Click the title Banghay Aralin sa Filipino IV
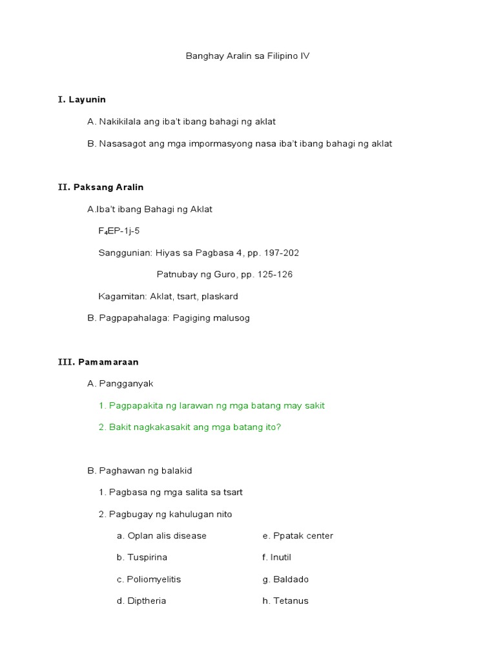pos(247,56)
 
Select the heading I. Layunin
pos(81,100)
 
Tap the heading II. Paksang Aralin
pos(101,187)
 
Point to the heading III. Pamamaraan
pos(98,362)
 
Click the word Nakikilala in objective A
pos(120,122)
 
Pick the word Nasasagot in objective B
pos(121,144)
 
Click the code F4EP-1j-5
pos(119,231)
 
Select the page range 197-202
pos(280,253)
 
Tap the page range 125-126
pos(274,275)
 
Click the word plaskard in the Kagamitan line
pos(221,297)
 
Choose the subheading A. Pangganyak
pos(120,384)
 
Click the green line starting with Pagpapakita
pos(212,406)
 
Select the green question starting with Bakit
pos(190,427)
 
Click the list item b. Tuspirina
pos(142,557)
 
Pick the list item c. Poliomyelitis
pos(149,579)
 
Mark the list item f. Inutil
pos(276,557)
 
